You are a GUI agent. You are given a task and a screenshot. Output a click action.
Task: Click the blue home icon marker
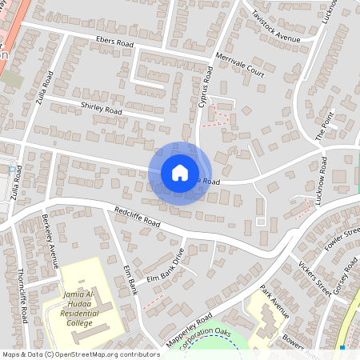pyautogui.click(x=180, y=173)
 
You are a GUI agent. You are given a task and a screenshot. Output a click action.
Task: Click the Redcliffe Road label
pyautogui.click(x=138, y=218)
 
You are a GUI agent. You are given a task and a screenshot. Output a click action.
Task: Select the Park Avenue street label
pyautogui.click(x=276, y=302)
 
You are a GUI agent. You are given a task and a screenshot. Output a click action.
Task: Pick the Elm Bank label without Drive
pyautogui.click(x=131, y=281)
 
